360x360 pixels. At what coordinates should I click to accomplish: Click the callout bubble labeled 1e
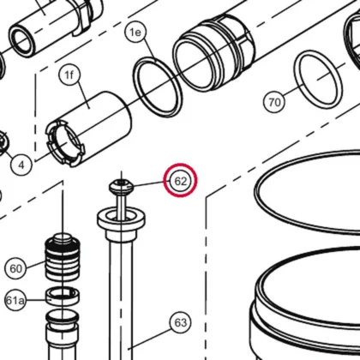(135, 33)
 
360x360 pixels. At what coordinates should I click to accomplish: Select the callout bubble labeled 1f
(69, 75)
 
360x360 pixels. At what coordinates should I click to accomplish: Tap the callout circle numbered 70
(274, 102)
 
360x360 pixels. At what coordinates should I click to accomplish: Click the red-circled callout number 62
(180, 181)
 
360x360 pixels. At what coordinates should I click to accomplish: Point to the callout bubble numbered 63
(181, 322)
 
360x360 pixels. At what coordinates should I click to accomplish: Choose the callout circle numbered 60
(15, 268)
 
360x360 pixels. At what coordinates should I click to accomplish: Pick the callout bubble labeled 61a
(15, 300)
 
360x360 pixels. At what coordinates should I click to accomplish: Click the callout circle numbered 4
(21, 165)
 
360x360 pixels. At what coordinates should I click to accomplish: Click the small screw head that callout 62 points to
(122, 187)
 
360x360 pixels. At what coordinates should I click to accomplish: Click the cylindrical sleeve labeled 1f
(88, 129)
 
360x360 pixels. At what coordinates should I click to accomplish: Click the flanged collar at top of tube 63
(121, 221)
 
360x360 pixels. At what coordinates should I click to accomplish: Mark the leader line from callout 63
(150, 339)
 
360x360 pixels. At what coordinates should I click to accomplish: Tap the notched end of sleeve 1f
(65, 143)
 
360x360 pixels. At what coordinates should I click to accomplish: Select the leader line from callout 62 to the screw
(148, 183)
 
